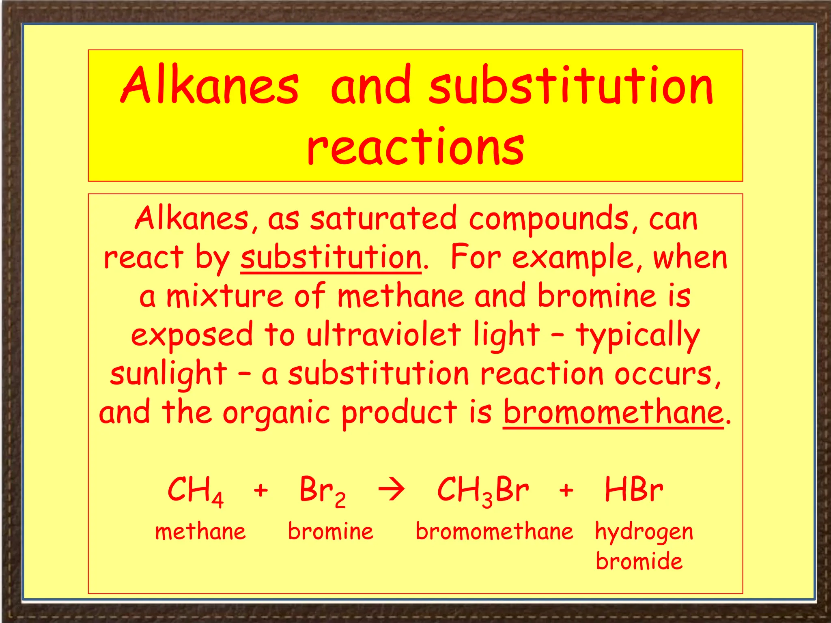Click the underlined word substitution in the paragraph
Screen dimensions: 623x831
[x=331, y=258]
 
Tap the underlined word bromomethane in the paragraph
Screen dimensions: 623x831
[x=613, y=412]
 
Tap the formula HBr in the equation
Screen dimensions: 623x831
[x=634, y=490]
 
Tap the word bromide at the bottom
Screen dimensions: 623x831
[x=639, y=561]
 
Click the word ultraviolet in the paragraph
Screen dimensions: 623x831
[x=383, y=335]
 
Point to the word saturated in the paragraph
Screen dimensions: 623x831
[x=383, y=219]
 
